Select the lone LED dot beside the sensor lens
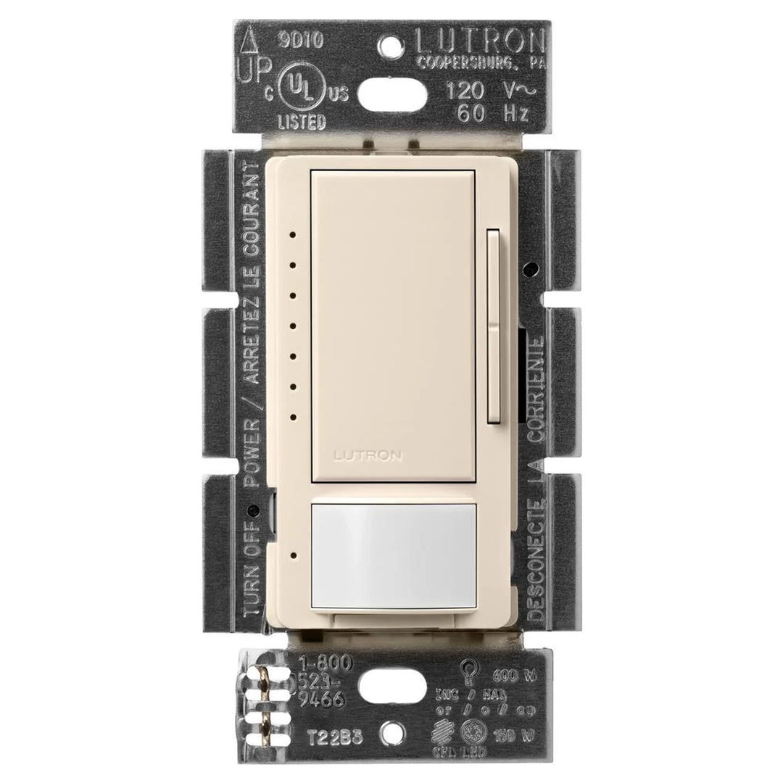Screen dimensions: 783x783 tap(290, 557)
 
